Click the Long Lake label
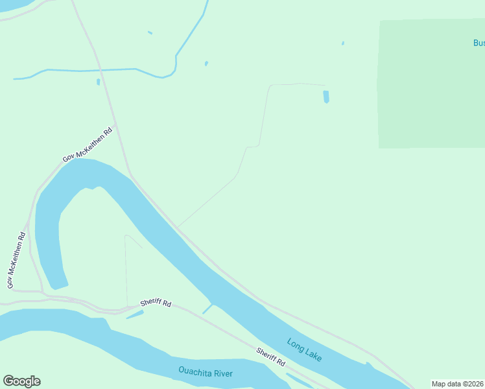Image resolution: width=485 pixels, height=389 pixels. pyautogui.click(x=304, y=350)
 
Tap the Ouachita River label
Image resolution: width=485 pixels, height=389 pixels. pyautogui.click(x=206, y=372)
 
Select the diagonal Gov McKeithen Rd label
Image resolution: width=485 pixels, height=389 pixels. pyautogui.click(x=87, y=145)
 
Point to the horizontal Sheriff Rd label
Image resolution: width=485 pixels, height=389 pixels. pyautogui.click(x=156, y=303)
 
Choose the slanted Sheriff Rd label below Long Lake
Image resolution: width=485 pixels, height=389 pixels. pyautogui.click(x=270, y=357)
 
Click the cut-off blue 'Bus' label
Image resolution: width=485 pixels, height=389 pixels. pyautogui.click(x=479, y=43)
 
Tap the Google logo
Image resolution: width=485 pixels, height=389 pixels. pyautogui.click(x=21, y=381)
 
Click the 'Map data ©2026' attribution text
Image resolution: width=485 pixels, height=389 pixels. pyautogui.click(x=458, y=384)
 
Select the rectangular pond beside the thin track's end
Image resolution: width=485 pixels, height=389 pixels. pyautogui.click(x=326, y=97)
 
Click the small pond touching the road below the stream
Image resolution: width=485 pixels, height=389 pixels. pyautogui.click(x=99, y=82)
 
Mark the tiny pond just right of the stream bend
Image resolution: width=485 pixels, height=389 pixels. pyautogui.click(x=206, y=64)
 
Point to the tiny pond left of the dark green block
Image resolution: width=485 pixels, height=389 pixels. pyautogui.click(x=343, y=43)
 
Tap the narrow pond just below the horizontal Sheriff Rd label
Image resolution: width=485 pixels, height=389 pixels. pyautogui.click(x=134, y=314)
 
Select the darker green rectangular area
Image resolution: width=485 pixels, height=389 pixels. pyautogui.click(x=431, y=83)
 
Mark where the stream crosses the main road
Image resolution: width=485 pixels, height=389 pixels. pyautogui.click(x=101, y=69)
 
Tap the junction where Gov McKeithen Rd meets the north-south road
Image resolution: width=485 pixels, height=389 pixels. pyautogui.click(x=115, y=125)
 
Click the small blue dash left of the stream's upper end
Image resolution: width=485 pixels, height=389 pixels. pyautogui.click(x=150, y=32)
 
